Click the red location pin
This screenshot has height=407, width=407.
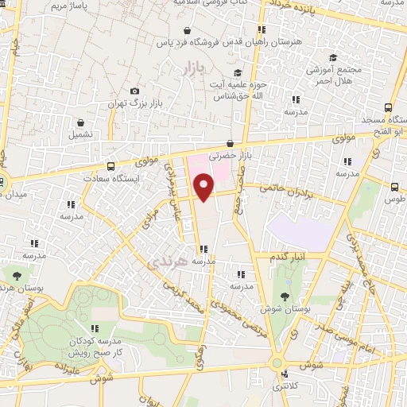click(x=204, y=187)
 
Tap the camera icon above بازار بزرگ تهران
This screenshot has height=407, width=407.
click(x=134, y=91)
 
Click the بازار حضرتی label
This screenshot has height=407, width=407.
click(x=229, y=157)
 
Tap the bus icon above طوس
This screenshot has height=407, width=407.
click(x=395, y=186)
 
